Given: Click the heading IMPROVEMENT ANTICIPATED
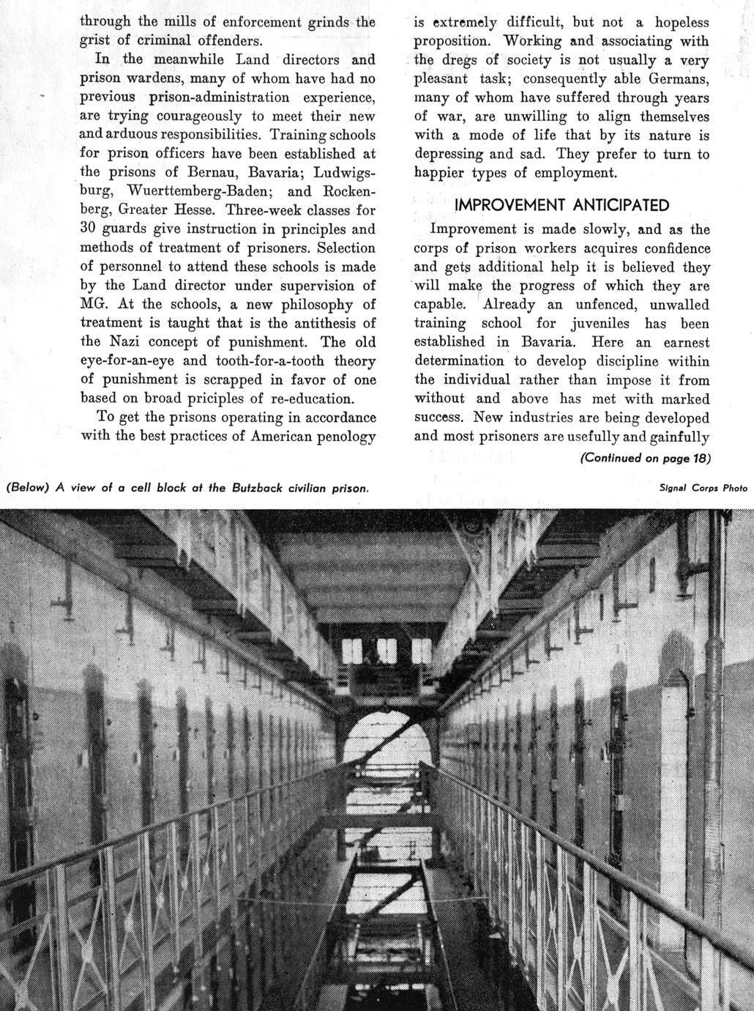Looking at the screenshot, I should click(561, 204).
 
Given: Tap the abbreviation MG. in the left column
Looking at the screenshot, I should click(93, 305).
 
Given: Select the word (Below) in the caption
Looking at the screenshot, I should click(26, 487).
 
